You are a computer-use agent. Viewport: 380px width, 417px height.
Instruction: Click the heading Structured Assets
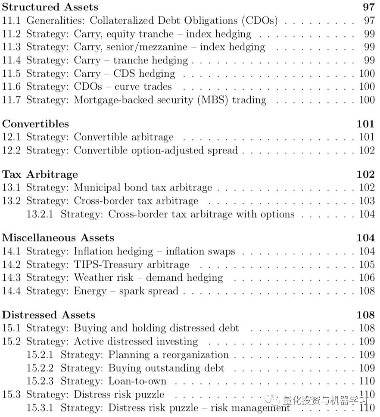pos(50,7)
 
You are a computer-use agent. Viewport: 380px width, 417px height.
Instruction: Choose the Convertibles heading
pos(35,124)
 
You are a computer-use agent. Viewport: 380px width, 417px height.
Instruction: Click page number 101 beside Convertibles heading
pos(366,124)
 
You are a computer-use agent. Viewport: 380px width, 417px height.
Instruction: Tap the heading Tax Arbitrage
pos(40,174)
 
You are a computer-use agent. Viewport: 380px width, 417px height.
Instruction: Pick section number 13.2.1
pos(40,214)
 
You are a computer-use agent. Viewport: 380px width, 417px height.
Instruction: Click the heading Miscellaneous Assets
pos(58,238)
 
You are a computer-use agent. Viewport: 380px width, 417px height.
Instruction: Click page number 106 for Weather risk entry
pos(367,278)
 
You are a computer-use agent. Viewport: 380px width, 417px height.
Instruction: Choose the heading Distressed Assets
pos(49,314)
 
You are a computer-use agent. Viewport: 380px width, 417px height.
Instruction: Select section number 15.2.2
pos(40,368)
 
